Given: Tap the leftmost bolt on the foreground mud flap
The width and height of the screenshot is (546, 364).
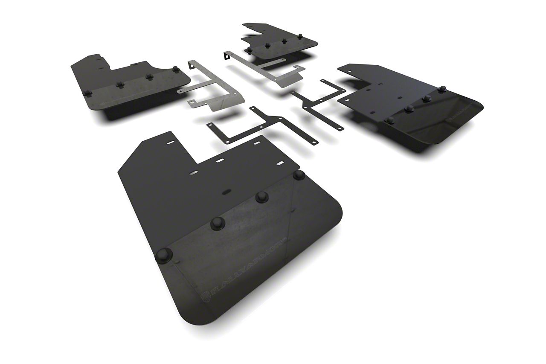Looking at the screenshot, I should [163, 255].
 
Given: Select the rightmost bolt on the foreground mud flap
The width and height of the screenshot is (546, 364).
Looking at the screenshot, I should [299, 175].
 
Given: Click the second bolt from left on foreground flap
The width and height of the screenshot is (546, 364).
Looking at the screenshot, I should [218, 222].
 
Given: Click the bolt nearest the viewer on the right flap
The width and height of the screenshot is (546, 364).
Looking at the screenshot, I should [389, 120].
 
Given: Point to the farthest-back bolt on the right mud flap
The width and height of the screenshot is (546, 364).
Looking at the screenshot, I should [442, 89].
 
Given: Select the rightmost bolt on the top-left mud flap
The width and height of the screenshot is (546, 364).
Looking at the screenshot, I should [175, 68].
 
